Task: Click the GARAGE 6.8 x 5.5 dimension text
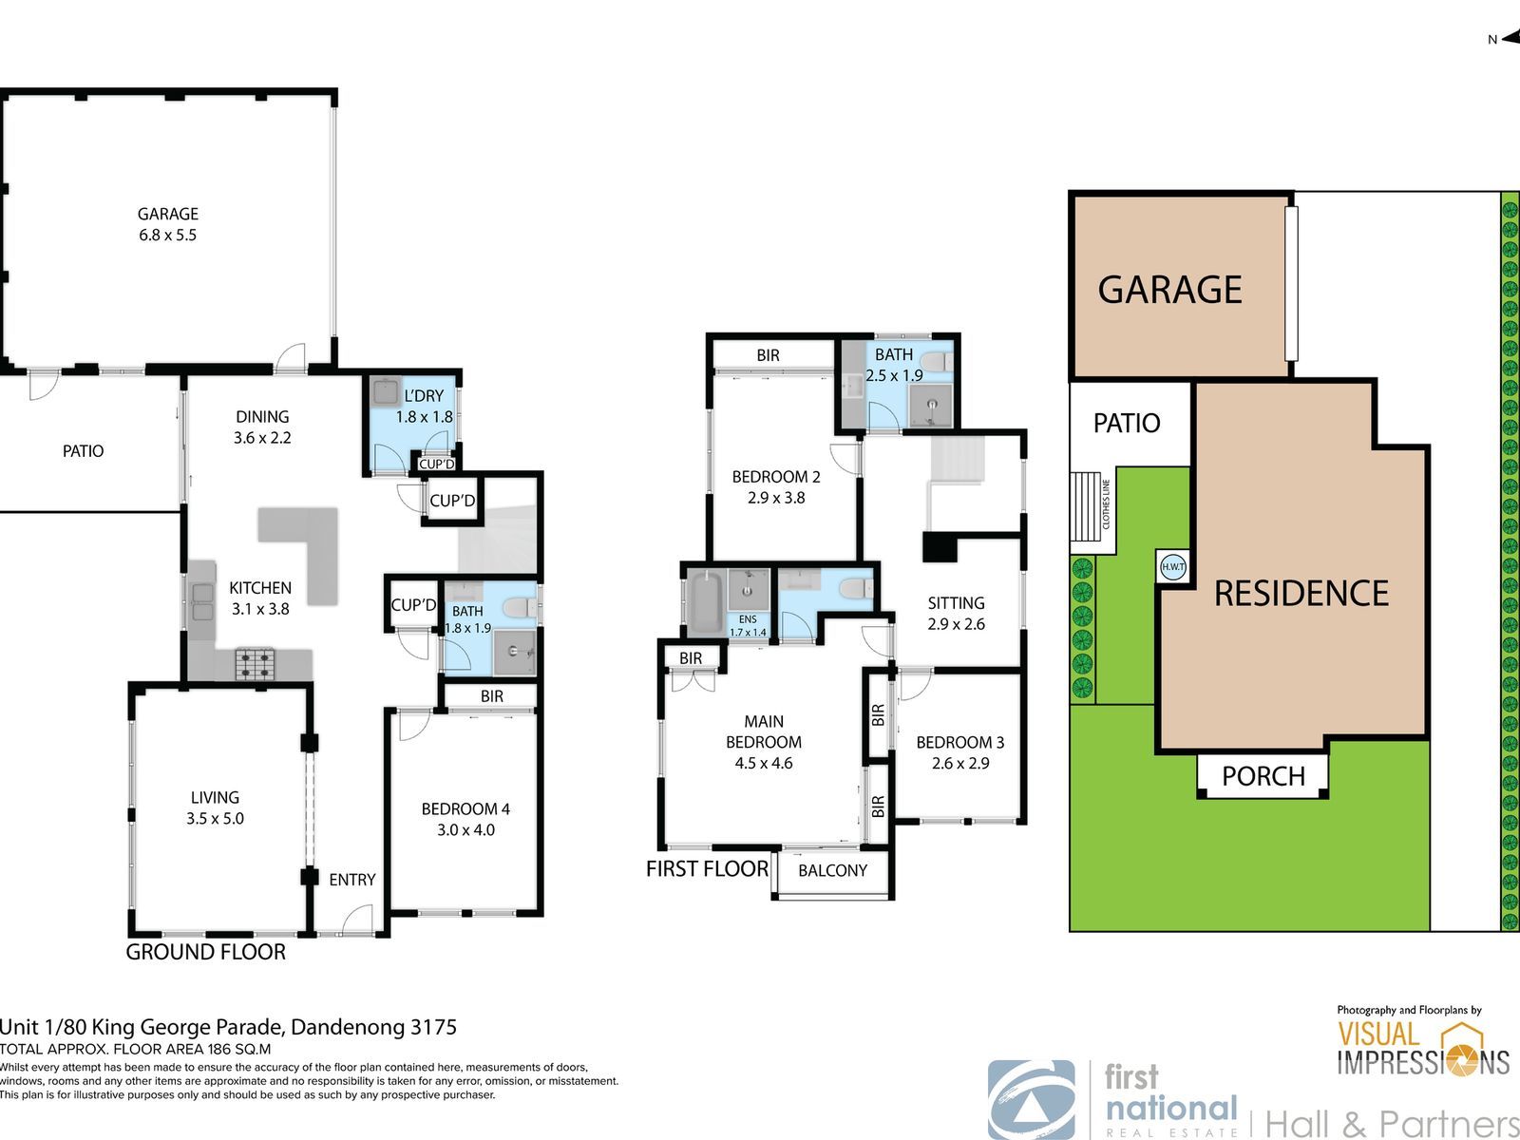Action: coord(167,224)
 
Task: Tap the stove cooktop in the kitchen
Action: coord(256,663)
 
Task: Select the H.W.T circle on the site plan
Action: coord(1172,567)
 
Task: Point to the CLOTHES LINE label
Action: coord(1106,503)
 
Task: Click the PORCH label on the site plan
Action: coord(1263,776)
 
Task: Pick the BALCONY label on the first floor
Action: coord(832,871)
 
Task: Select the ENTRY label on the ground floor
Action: coord(351,880)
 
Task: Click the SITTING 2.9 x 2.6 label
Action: coord(956,614)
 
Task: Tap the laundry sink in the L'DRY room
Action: coord(385,391)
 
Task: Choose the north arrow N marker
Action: coord(1503,40)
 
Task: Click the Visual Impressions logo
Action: coord(1423,1049)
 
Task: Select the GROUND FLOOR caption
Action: coord(205,952)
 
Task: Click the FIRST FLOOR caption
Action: coord(707,868)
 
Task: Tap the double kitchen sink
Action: coord(203,602)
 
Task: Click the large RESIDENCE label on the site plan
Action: coord(1301,593)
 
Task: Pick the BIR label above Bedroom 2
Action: coord(768,355)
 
